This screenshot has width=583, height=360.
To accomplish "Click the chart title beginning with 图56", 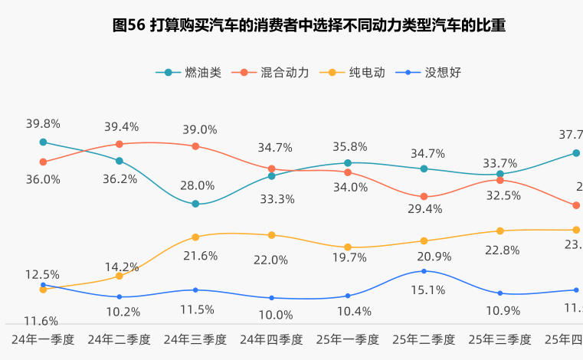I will coord(309,25).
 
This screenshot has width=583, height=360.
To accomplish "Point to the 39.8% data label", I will coord(43,123).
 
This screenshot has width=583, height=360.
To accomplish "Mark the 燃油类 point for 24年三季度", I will coord(195,204).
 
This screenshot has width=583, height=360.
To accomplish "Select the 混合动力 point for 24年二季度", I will coord(120,144).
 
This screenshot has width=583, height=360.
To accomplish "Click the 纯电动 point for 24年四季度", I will coord(271,235).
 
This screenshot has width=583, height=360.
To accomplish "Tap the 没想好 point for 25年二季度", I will coord(424,271).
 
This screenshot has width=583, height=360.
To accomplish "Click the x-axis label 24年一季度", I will coord(43,339).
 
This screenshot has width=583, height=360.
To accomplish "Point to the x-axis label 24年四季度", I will coord(271,339).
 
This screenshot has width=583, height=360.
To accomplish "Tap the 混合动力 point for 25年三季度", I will coord(499,180).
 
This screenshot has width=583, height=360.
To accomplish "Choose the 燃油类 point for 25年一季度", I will coord(348,163).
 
